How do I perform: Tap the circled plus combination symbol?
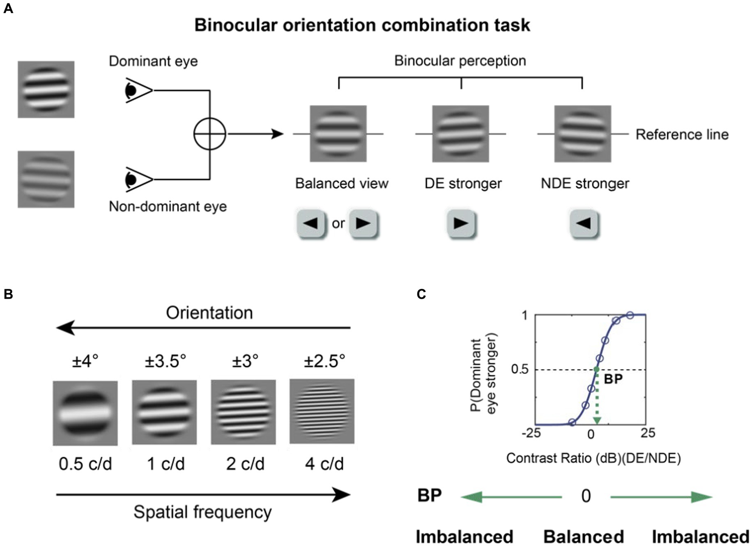[x=210, y=134]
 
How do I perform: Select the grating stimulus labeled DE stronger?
[x=460, y=134]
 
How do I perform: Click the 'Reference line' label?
[x=682, y=134]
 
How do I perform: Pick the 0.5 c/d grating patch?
[x=85, y=413]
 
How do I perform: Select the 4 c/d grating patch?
[x=322, y=411]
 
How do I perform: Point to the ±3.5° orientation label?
[x=165, y=361]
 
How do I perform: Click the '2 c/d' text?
[x=245, y=464]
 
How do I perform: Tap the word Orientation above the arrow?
[x=209, y=313]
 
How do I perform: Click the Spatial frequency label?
[x=202, y=512]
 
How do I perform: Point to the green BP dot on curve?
[x=596, y=369]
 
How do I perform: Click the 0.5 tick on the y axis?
[x=520, y=369]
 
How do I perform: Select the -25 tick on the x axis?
[x=531, y=433]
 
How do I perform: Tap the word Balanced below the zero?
[x=584, y=537]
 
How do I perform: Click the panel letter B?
[x=8, y=294]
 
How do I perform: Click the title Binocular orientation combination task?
[x=362, y=25]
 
